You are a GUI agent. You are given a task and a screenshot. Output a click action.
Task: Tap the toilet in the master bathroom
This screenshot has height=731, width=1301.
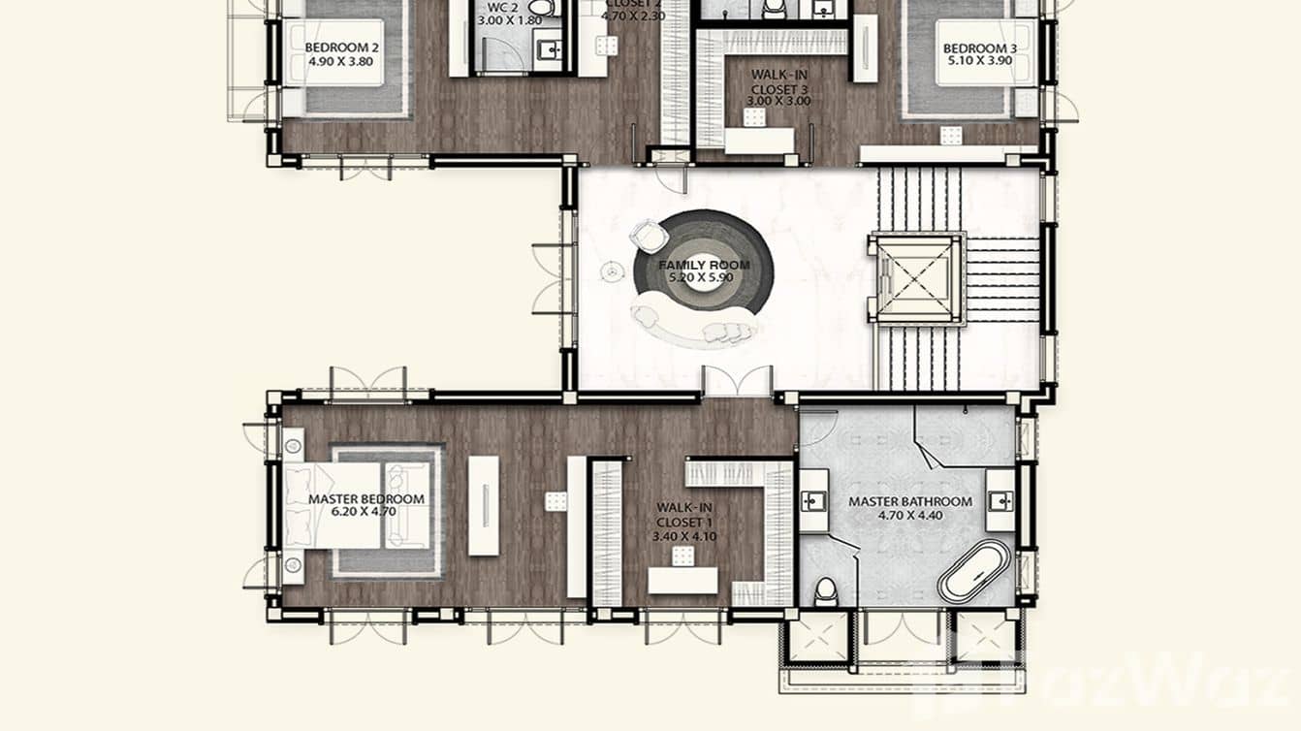[826, 589]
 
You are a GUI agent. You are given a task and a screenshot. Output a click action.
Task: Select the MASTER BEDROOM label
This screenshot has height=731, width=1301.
[365, 499]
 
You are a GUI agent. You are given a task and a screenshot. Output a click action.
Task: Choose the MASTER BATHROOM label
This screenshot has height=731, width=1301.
[909, 501]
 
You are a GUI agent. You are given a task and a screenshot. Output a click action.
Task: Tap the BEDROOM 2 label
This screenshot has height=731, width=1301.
[341, 48]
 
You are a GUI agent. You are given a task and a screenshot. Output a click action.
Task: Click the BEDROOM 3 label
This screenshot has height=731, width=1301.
[979, 48]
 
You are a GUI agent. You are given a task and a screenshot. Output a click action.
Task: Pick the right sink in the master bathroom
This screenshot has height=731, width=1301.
[1000, 500]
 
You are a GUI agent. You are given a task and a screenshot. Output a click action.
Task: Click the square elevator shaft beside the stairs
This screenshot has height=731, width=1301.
[916, 279]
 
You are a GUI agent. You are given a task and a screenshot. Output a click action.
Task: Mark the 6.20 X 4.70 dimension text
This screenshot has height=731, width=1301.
[365, 513]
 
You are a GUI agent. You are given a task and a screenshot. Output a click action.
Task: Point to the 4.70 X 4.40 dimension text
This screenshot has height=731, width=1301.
[909, 516]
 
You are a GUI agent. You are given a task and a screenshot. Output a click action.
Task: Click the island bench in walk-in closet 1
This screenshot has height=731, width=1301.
[682, 580]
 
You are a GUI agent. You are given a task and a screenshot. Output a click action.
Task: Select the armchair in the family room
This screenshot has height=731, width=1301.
[647, 235]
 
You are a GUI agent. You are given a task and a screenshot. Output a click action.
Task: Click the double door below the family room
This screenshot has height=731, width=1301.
[738, 381]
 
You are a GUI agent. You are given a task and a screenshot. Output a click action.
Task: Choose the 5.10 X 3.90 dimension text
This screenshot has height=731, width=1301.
[979, 61]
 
